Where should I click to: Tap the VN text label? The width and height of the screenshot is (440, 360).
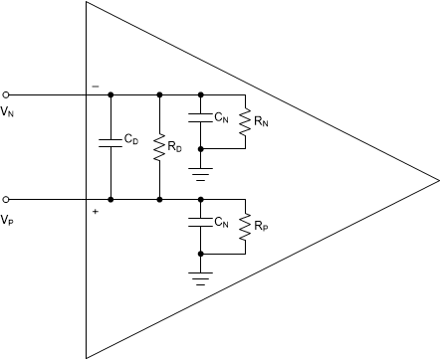pyautogui.click(x=8, y=110)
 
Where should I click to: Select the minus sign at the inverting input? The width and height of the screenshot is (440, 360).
pyautogui.click(x=96, y=87)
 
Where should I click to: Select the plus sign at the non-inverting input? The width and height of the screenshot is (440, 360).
pyautogui.click(x=96, y=211)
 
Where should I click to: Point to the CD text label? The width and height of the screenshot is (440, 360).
pyautogui.click(x=130, y=140)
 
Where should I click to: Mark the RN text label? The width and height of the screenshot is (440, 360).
pyautogui.click(x=262, y=121)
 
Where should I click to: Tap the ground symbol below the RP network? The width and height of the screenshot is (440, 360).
pyautogui.click(x=201, y=276)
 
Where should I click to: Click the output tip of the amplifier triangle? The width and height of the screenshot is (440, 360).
pyautogui.click(x=437, y=180)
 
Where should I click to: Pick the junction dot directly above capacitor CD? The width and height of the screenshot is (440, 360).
pyautogui.click(x=110, y=95)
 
